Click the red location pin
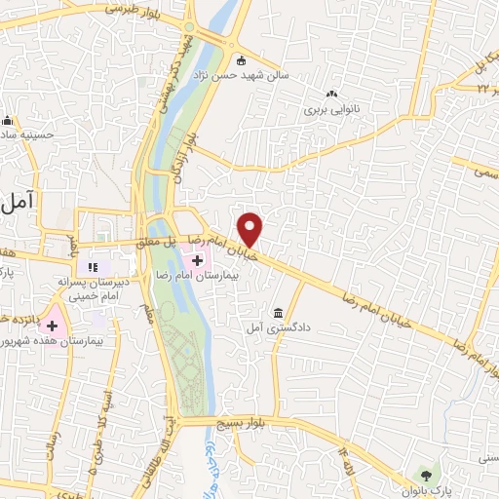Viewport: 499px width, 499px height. tap(250, 229)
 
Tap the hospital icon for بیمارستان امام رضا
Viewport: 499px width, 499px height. tap(198, 260)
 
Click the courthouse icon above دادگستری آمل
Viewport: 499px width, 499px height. tap(280, 313)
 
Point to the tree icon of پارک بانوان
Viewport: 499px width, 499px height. tap(425, 475)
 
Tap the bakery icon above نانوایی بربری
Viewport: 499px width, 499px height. tap(331, 95)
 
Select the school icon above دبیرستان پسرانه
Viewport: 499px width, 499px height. tap(94, 266)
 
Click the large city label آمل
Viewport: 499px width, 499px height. tap(19, 202)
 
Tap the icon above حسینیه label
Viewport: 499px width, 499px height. tap(8, 121)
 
